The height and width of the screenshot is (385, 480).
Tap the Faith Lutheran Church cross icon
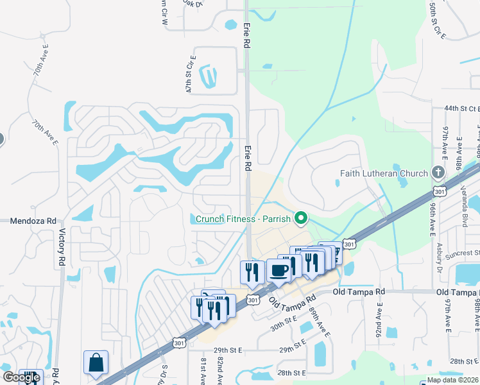[438, 173]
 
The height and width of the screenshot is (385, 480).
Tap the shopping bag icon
[96, 363]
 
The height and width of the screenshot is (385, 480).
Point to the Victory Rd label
[62, 248]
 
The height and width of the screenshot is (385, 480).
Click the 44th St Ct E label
[461, 108]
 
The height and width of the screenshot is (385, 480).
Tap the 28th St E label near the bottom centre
[290, 372]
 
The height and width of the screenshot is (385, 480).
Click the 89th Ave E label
[319, 322]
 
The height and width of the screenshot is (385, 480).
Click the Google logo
[21, 377]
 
